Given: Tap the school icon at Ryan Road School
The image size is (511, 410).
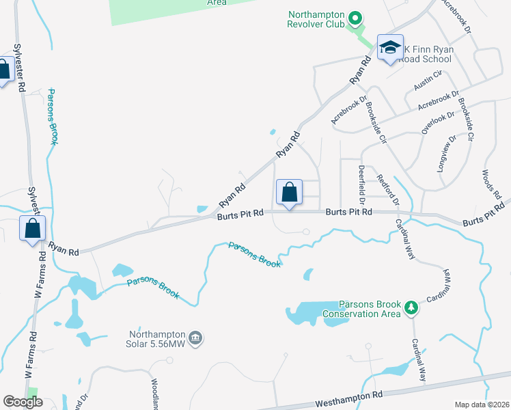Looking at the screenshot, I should (x=390, y=47).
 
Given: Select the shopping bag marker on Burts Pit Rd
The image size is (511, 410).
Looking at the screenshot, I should (x=289, y=192).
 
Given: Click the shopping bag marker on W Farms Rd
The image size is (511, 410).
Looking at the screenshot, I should (x=32, y=228).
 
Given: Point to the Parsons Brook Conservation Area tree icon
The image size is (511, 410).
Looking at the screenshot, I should (x=411, y=308).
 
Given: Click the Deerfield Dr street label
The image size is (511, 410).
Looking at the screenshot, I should (x=361, y=180).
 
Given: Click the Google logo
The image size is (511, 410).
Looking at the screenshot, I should (x=23, y=402).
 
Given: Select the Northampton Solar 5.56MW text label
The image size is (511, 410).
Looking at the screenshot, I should (x=158, y=338).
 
